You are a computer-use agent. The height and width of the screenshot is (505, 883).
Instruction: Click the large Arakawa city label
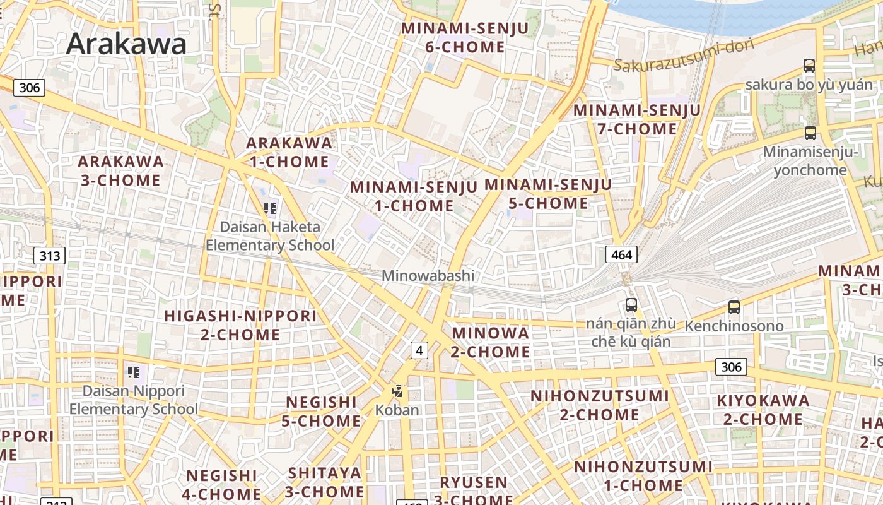pyautogui.click(x=126, y=44)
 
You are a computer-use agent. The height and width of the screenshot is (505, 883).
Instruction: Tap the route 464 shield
pyautogui.click(x=621, y=254)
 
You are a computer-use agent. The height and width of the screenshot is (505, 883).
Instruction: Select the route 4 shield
pyautogui.click(x=419, y=350)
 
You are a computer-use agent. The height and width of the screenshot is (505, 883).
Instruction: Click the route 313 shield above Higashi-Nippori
pyautogui.click(x=49, y=256)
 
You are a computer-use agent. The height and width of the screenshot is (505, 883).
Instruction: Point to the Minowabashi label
pyautogui.click(x=428, y=276)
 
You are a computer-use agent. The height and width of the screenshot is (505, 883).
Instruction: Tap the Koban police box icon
pyautogui.click(x=397, y=391)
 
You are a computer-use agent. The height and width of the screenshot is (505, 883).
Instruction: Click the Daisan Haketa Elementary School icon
pyautogui.click(x=271, y=208)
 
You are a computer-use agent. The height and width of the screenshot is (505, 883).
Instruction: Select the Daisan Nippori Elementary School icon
pyautogui.click(x=133, y=372)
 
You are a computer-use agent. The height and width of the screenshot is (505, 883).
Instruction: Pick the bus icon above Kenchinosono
pyautogui.click(x=734, y=307)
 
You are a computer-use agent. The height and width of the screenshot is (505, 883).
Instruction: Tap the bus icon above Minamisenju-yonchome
pyautogui.click(x=810, y=133)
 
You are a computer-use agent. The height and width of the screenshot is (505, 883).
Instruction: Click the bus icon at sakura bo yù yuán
pyautogui.click(x=809, y=66)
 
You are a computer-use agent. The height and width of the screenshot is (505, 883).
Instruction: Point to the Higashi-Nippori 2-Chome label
pyautogui.click(x=240, y=325)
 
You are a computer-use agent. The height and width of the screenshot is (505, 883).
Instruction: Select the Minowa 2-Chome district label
pyautogui.click(x=491, y=342)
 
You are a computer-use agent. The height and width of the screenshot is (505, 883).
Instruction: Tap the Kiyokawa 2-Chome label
pyautogui.click(x=763, y=410)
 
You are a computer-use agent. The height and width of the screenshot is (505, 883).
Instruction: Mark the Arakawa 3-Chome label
pyautogui.click(x=120, y=170)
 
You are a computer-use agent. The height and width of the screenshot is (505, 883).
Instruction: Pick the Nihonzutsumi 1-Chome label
pyautogui.click(x=643, y=476)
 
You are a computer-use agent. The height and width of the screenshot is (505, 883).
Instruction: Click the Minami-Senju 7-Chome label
pyautogui.click(x=637, y=119)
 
